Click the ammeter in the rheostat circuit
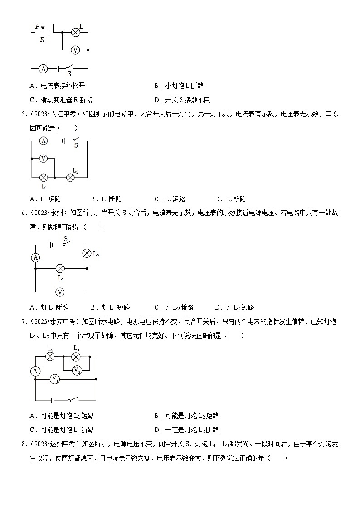43,68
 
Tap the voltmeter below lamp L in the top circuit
76,50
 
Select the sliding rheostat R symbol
42,32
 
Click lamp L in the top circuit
76,33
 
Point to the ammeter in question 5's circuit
44,141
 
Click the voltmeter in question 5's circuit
44,159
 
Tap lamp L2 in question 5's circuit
70,177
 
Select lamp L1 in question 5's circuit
44,177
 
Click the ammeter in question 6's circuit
36,257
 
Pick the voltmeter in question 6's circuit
60,292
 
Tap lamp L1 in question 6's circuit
60,268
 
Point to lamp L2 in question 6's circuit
87,253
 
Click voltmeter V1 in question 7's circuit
54,378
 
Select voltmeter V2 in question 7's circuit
76,370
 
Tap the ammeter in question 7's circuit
35,371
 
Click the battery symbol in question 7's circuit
54,401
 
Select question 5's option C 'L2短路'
170,199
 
